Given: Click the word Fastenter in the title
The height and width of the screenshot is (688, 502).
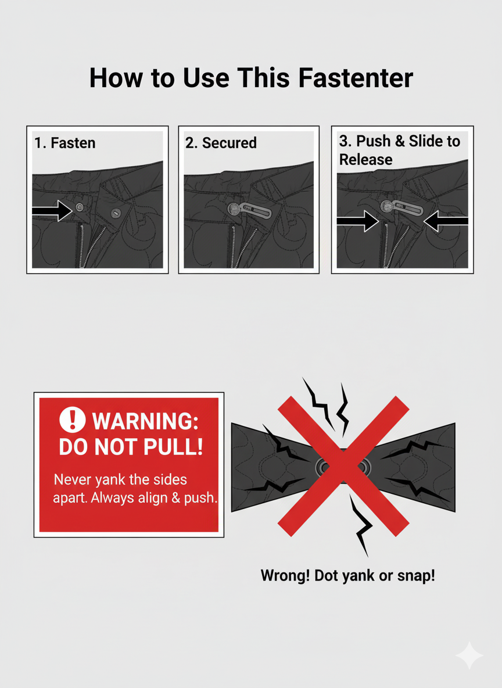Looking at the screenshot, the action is tap(356, 78).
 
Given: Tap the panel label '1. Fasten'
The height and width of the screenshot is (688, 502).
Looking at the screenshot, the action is tap(65, 143).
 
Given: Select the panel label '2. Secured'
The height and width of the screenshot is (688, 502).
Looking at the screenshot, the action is tap(221, 143).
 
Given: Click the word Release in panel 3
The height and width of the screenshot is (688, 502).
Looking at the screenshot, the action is tap(365, 160).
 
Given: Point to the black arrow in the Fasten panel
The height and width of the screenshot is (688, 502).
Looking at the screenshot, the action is tap(52, 210).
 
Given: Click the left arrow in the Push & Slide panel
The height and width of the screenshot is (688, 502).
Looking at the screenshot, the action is tap(358, 221).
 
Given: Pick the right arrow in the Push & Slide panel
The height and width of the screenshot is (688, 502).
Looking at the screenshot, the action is tap(446, 221).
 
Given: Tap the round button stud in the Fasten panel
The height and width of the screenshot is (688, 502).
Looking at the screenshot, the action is tap(80, 207).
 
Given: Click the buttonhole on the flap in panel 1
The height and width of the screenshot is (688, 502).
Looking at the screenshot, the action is tap(116, 214).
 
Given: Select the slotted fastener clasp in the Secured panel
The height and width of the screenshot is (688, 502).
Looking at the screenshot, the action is tap(249, 210).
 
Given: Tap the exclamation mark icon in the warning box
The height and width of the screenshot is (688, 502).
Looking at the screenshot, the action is tap(73, 419).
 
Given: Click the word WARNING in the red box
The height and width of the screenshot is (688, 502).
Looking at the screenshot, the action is tap(145, 421).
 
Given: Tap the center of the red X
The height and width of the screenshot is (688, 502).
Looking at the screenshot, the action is tap(343, 466).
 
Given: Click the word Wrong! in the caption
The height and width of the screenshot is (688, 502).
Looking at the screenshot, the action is tap(285, 575).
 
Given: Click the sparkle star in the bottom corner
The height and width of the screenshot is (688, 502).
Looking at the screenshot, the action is tap(469, 655).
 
